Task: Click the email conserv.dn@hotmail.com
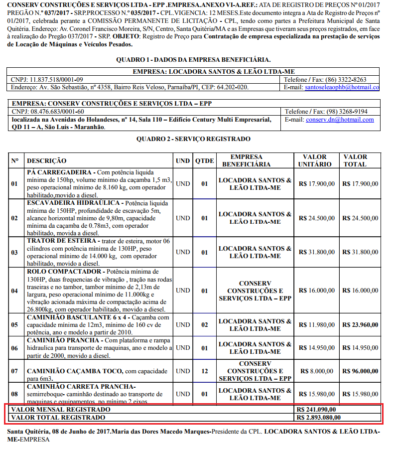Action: (x=340, y=120)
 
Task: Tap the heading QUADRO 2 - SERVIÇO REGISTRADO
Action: (x=193, y=139)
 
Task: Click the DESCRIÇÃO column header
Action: (x=46, y=160)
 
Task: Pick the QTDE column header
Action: (x=204, y=160)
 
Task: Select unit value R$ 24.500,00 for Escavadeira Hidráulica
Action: (x=316, y=218)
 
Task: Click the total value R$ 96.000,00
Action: (x=360, y=371)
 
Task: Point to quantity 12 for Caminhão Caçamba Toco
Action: (x=204, y=371)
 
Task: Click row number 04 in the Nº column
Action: (x=14, y=290)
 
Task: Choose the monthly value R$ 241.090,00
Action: (x=316, y=410)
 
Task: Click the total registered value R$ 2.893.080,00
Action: (x=319, y=417)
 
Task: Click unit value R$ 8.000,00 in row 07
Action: (x=316, y=371)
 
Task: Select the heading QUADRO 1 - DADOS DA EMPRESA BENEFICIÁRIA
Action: (x=193, y=59)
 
